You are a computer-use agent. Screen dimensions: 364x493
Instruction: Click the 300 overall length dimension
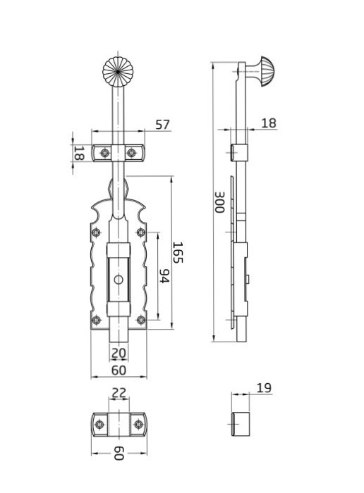click(x=219, y=202)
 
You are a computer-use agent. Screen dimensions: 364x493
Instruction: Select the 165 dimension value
click(x=178, y=252)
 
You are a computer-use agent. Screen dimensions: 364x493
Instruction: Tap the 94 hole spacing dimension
click(x=164, y=276)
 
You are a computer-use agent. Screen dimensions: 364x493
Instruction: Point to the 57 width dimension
click(x=162, y=125)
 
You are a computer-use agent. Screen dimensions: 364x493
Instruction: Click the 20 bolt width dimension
click(x=119, y=353)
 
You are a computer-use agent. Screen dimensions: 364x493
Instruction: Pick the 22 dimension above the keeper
click(x=119, y=392)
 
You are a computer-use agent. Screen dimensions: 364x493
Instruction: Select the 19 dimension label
click(x=264, y=388)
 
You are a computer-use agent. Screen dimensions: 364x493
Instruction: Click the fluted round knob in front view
click(x=118, y=72)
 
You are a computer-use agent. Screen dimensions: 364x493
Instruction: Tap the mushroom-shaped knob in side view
click(x=263, y=72)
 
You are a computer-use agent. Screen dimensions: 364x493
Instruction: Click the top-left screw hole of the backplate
click(x=96, y=232)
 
